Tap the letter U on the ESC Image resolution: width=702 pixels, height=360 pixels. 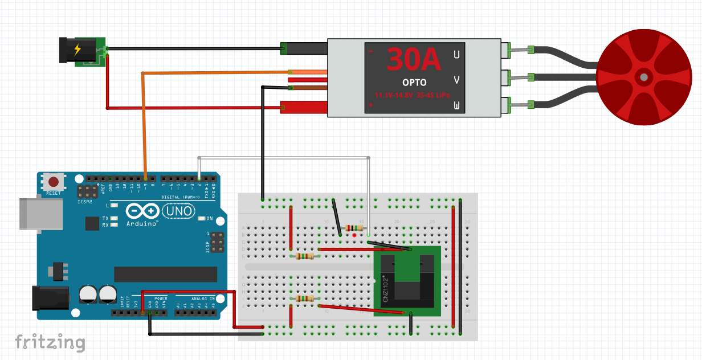(456, 55)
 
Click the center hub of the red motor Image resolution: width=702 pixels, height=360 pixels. (643, 76)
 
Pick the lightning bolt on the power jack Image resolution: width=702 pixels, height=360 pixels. (77, 50)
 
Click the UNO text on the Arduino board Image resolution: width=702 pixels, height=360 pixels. (178, 212)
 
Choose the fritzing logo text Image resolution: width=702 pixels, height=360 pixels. (50, 342)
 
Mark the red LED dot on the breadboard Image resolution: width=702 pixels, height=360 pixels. (354, 235)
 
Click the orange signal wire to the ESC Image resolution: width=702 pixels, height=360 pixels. (217, 73)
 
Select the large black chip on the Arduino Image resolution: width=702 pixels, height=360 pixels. (166, 274)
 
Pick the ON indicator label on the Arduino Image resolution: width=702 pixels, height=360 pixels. (209, 218)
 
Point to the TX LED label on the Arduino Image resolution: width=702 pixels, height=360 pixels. (105, 218)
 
